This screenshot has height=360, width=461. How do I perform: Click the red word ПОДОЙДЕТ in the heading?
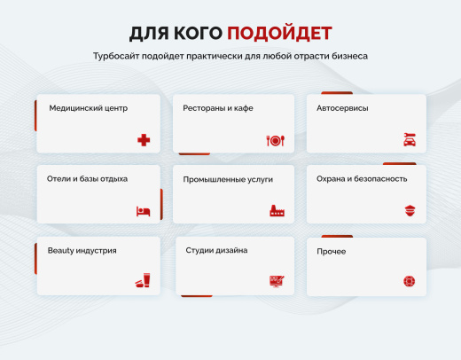coord(279,34)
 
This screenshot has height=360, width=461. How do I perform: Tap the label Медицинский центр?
coord(89,108)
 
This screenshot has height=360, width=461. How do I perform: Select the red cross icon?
coord(144,140)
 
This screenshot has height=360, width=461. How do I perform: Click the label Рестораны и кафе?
coord(218,108)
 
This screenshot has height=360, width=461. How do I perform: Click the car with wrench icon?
coord(410,140)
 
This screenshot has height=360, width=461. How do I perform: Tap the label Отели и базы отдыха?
coord(87,178)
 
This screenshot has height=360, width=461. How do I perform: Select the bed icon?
coord(144,211)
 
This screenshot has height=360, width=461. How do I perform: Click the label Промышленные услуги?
coord(228,179)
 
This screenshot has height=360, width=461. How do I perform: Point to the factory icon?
coord(275,211)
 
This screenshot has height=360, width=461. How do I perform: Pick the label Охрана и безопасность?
coord(362,178)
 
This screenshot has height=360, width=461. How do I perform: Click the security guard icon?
coord(410,211)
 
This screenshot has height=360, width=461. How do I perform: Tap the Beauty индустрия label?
coord(82,250)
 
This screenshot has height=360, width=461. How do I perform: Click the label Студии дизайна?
coord(216,250)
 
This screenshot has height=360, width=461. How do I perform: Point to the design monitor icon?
coord(275,281)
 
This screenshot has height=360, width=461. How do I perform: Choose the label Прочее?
coord(331,252)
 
